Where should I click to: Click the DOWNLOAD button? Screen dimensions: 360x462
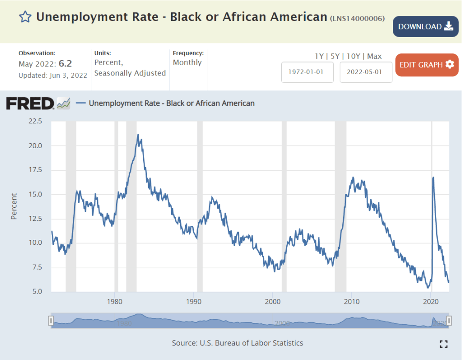[x=425, y=27]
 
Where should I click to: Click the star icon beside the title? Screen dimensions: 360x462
[x=25, y=17]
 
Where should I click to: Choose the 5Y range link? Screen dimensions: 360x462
[x=335, y=56]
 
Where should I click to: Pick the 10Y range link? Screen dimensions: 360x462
[x=354, y=56]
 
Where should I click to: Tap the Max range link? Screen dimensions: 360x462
[x=374, y=56]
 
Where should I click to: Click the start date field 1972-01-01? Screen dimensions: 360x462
[x=308, y=72]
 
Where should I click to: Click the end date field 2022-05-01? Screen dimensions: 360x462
[x=366, y=72]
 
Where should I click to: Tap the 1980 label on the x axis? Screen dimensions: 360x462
[x=114, y=301]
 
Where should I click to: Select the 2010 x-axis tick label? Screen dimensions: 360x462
[x=352, y=301]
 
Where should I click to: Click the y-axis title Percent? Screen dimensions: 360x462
[x=14, y=206]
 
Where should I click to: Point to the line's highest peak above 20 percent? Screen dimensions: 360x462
[x=138, y=135]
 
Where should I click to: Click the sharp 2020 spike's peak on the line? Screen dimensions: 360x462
[x=433, y=177]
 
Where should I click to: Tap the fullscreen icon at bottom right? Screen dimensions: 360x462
[x=443, y=344]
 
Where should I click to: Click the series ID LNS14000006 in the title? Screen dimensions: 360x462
[x=357, y=19]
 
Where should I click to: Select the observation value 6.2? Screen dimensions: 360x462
[x=65, y=64]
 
